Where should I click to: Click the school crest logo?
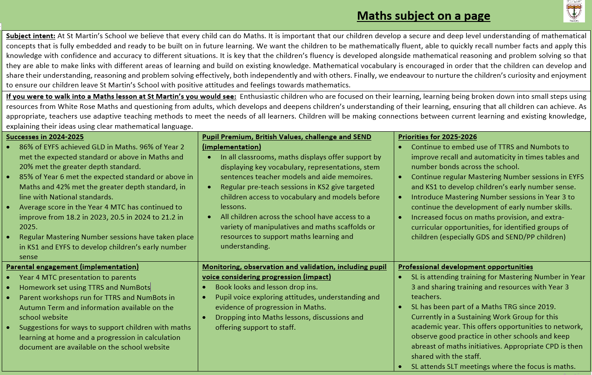point(574,11)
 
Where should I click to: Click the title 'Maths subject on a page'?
point(423,16)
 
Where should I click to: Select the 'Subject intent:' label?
point(31,36)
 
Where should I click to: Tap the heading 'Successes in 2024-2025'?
point(45,137)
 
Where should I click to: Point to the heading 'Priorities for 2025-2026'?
point(437,137)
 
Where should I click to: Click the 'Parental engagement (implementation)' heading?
point(73,267)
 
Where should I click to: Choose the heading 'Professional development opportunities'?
point(465,267)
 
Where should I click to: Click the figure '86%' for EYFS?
point(27,147)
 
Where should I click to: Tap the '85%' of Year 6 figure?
point(27,177)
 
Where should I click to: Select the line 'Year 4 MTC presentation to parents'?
point(78,277)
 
